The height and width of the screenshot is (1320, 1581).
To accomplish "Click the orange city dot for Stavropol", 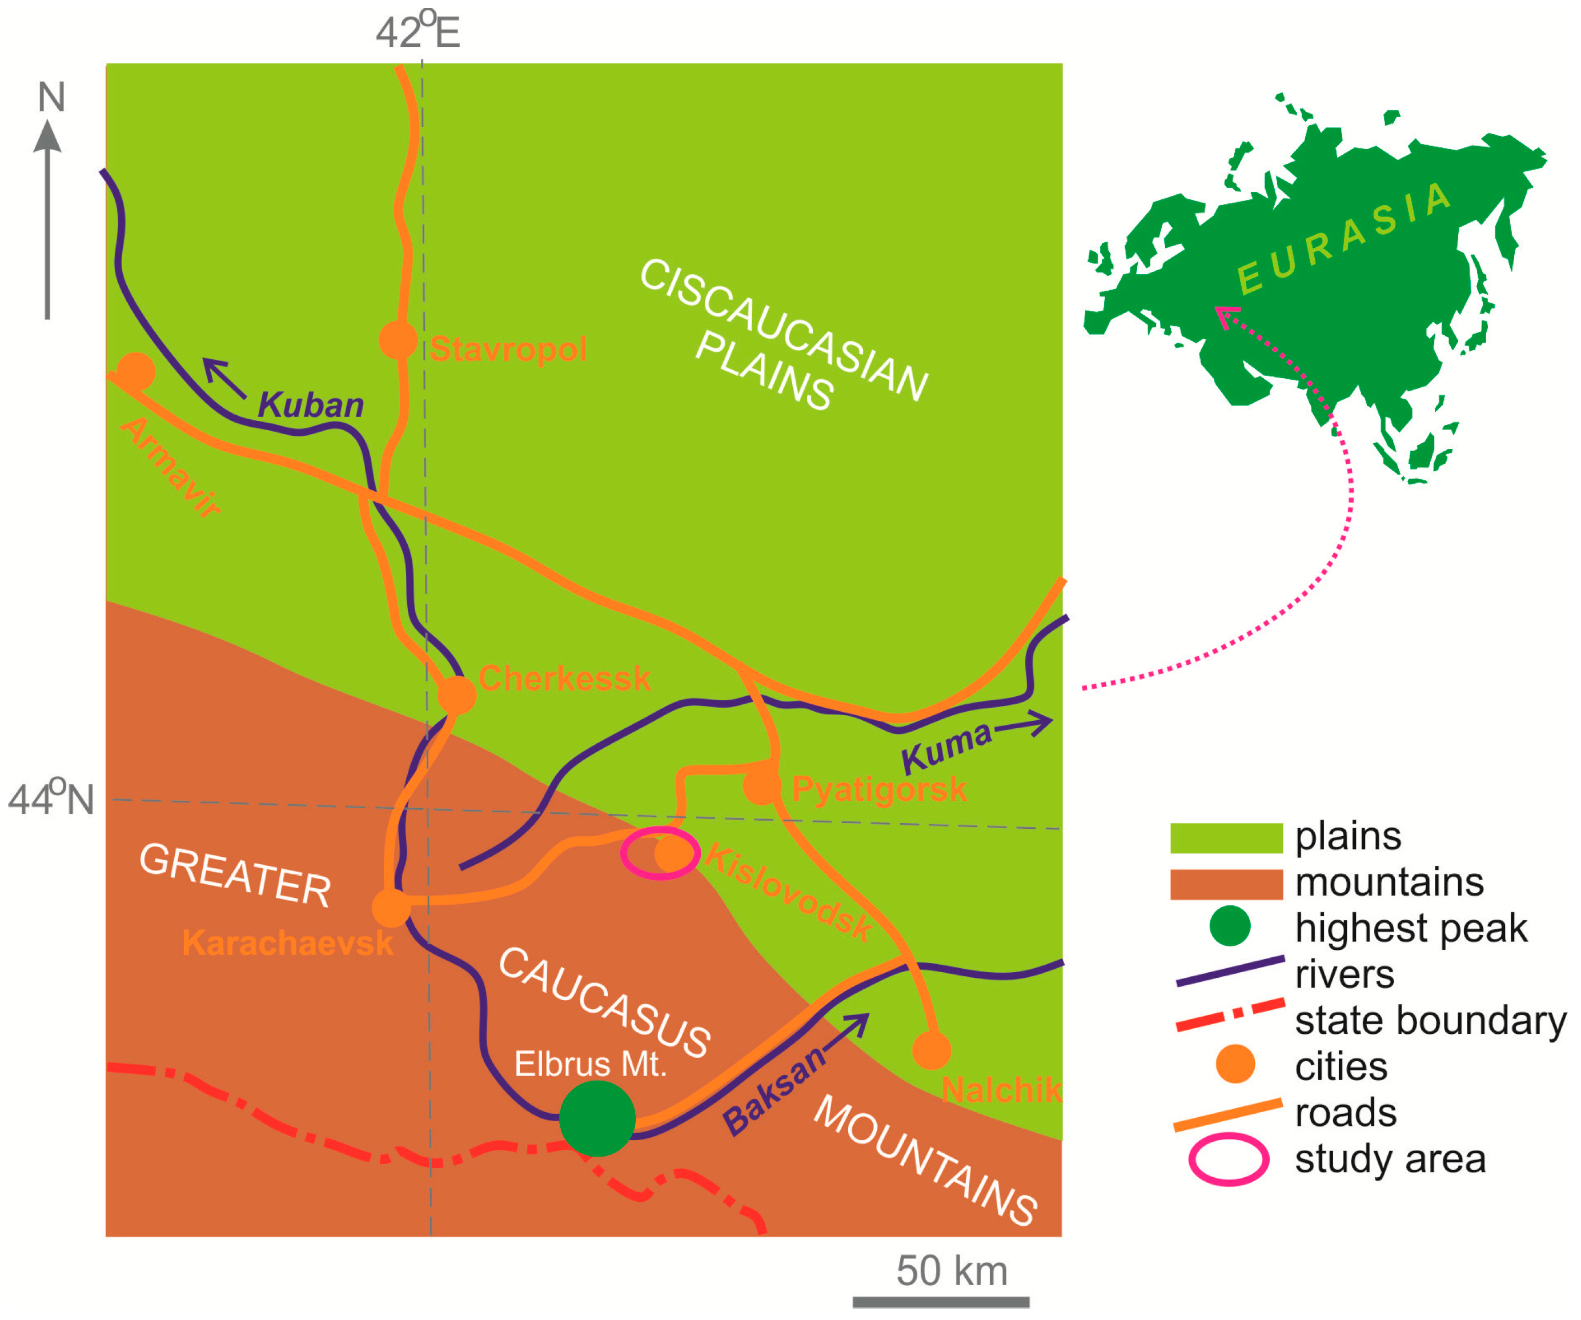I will pos(398,340).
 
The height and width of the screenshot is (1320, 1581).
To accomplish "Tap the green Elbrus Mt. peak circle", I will pos(597,1118).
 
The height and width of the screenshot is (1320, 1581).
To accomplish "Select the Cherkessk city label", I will pos(564,679).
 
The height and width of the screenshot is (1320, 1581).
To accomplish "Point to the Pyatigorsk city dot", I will pos(761,786).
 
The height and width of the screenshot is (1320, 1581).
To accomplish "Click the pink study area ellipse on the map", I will pos(660,853).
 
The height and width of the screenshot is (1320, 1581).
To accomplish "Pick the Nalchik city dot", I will pos(931,1050).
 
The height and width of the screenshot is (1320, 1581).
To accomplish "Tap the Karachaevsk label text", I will pos(288,943).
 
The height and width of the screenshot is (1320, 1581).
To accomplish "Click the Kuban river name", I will pos(311,405).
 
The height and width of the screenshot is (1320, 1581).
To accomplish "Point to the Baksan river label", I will pos(774,1090).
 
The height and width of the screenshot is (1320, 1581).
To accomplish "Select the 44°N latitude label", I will pos(51,799).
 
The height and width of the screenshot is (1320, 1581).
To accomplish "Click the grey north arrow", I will pos(47,218).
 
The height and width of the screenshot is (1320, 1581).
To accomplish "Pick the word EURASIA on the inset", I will pos(1345,236).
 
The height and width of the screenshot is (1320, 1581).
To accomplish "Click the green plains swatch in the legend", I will pos(1226,838).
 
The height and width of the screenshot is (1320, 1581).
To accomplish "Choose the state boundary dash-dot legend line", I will pos(1229,1015).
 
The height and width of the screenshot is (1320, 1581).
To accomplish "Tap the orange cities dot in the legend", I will pos(1235,1065).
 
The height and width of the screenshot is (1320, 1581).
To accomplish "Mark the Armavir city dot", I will pos(135,371).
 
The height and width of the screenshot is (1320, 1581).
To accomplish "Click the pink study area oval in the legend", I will pos(1229,1159).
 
